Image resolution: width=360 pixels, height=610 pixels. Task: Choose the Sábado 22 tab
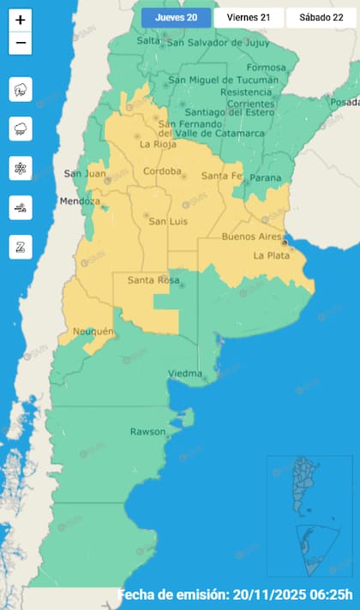click(x=316, y=18)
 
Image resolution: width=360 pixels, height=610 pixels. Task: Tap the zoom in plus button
click(x=21, y=20)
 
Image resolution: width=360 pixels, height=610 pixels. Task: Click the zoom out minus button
click(x=21, y=43)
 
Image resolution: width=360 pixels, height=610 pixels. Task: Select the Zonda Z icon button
click(x=21, y=247)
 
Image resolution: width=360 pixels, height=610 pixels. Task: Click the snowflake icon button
click(x=21, y=167)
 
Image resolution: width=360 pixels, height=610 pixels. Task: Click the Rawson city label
click(x=147, y=431)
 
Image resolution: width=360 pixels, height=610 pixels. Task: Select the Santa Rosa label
click(x=152, y=280)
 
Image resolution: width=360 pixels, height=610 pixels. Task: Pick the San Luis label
click(x=168, y=222)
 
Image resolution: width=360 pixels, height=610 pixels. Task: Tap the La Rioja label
click(x=156, y=144)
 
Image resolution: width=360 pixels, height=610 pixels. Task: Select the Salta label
click(x=148, y=40)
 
